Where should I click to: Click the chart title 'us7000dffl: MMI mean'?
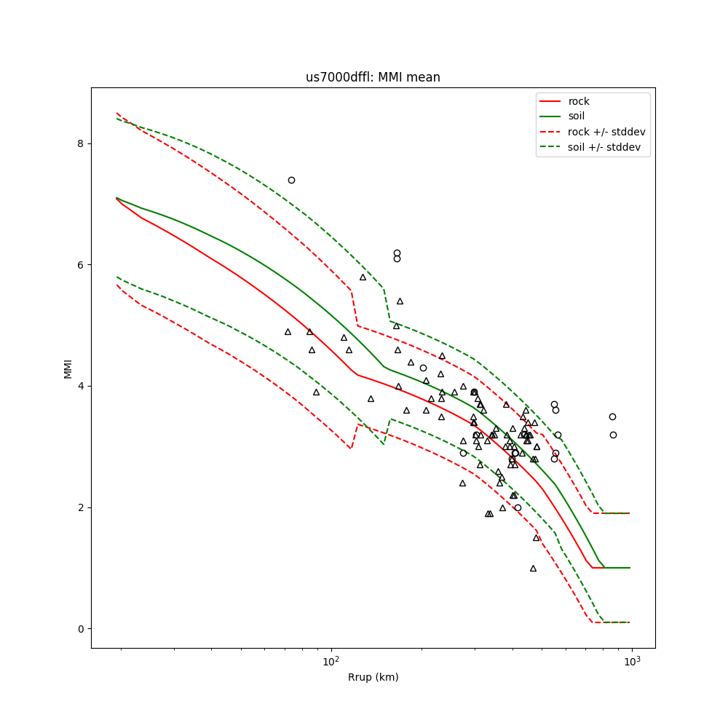click(x=373, y=77)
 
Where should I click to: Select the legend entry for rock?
click(x=579, y=101)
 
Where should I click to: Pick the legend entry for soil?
click(x=577, y=116)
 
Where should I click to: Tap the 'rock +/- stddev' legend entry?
click(x=606, y=132)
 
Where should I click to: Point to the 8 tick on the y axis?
click(x=81, y=143)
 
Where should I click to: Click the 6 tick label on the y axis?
click(x=81, y=265)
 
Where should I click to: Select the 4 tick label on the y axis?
click(x=81, y=386)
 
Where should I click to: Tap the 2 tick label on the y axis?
click(x=81, y=507)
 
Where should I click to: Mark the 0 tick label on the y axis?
click(x=81, y=629)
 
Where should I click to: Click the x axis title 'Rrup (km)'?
click(x=373, y=677)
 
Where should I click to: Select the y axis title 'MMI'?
click(x=68, y=368)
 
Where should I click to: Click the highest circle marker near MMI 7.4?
click(x=291, y=180)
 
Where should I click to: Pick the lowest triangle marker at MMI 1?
click(x=533, y=568)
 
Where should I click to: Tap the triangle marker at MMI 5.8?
click(x=363, y=277)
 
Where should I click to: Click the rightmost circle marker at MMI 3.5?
click(x=612, y=416)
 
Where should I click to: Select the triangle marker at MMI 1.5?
click(x=536, y=537)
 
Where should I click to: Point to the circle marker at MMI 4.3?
click(x=423, y=368)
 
